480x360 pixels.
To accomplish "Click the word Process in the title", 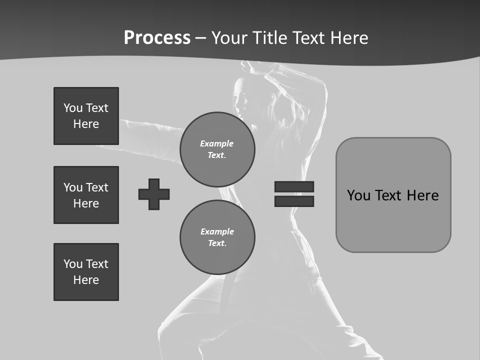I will pos(157,38).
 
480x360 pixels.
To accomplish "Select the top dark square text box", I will pos(86,116).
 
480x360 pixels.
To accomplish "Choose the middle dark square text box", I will pos(86,195).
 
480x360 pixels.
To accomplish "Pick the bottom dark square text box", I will pos(86,272).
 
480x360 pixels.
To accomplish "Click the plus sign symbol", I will pos(154,194).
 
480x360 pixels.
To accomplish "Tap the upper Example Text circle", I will pos(217,149).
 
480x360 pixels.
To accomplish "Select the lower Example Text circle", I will pos(217,237).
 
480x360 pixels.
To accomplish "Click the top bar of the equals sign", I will pos(294,186).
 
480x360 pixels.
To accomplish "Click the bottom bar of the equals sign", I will pos(294,201).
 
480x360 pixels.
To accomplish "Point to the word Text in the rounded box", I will pos(389,195).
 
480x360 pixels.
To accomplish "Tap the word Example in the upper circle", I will pos(217,143).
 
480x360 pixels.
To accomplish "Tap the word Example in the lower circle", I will pos(217,231).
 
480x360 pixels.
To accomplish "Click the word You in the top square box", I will pos(72,108).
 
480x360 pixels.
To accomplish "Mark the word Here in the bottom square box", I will pos(86,280).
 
